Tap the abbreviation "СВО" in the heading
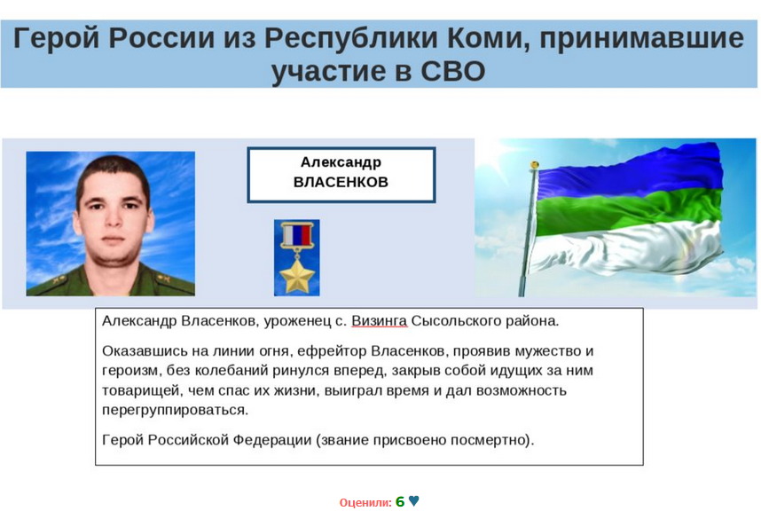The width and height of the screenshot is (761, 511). [452, 71]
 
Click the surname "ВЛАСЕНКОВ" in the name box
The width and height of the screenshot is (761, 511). [341, 182]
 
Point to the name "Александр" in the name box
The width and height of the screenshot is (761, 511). [341, 162]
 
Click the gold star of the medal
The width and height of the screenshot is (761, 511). [296, 276]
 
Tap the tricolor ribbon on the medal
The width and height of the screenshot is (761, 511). [296, 235]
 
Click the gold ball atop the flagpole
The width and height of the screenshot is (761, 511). [535, 165]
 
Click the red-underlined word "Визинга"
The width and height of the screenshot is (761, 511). [379, 321]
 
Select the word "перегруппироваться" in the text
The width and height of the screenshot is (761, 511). [176, 411]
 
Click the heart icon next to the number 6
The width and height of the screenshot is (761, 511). [414, 500]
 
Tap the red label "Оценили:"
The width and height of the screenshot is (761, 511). [365, 503]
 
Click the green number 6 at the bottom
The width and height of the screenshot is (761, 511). [400, 501]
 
